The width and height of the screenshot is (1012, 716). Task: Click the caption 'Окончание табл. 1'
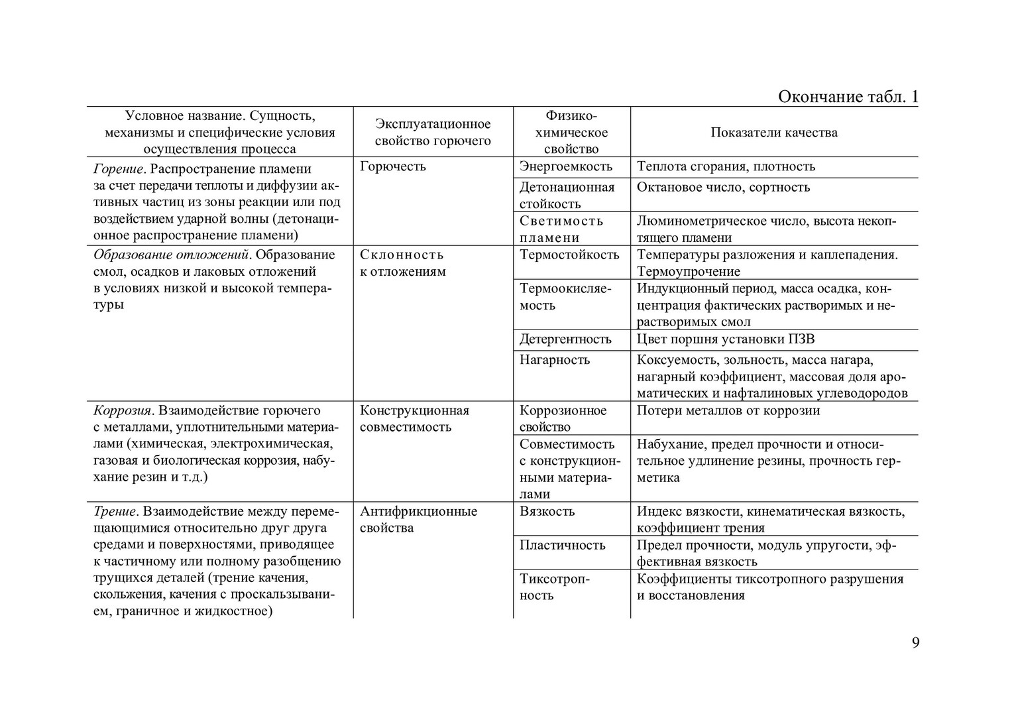click(848, 97)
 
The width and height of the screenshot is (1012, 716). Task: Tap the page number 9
click(915, 642)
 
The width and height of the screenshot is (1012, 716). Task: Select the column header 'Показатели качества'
click(773, 133)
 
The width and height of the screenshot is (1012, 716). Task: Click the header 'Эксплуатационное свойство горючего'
click(433, 133)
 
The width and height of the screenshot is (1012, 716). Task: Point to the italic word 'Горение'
click(118, 169)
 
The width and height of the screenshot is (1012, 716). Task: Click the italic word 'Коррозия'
click(123, 411)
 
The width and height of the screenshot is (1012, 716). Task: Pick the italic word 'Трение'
click(115, 512)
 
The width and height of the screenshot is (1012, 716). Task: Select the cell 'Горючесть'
click(392, 166)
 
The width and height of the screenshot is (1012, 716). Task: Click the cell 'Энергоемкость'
click(565, 166)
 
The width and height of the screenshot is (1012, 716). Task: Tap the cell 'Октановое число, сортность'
click(723, 188)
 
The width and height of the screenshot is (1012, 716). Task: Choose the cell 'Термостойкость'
click(569, 255)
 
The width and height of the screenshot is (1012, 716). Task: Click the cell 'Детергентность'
click(565, 339)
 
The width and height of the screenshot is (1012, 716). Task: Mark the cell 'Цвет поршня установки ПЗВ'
click(726, 339)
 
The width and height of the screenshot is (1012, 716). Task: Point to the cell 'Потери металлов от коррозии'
click(728, 411)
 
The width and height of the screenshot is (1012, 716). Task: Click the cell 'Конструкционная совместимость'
click(414, 419)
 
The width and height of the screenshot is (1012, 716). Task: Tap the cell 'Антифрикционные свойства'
click(418, 520)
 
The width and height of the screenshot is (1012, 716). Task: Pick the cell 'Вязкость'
click(547, 512)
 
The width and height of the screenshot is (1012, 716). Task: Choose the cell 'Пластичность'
click(562, 546)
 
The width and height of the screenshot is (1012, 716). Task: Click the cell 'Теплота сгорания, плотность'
click(726, 166)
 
